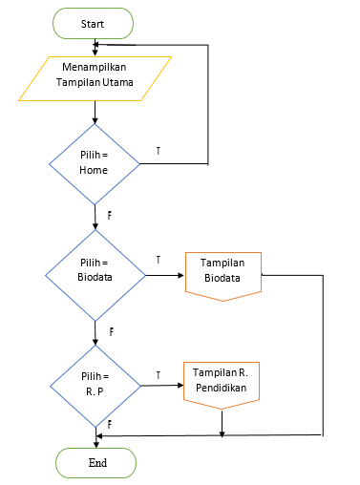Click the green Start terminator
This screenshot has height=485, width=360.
pyautogui.click(x=94, y=23)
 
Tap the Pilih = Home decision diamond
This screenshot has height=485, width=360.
pyautogui.click(x=95, y=163)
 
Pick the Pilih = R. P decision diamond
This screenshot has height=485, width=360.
pyautogui.click(x=95, y=384)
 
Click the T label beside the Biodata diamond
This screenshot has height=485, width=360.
pyautogui.click(x=158, y=259)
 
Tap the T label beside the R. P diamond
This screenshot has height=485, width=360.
pyautogui.click(x=158, y=374)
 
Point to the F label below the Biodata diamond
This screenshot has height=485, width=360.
pyautogui.click(x=111, y=331)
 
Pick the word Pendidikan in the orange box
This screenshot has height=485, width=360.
pyautogui.click(x=222, y=390)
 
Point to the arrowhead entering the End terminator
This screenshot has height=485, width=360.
pyautogui.click(x=95, y=443)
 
